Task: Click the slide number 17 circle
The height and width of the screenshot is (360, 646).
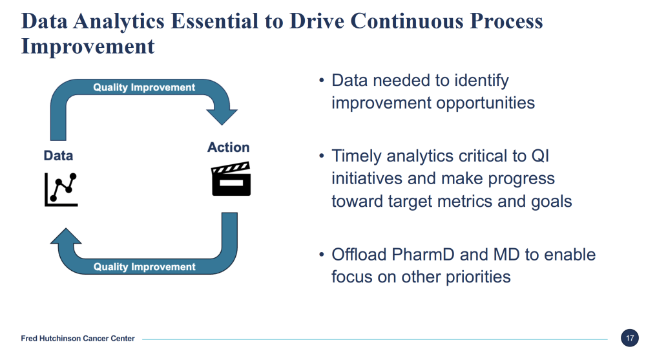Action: [x=629, y=338]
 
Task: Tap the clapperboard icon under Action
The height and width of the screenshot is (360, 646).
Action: [x=231, y=179]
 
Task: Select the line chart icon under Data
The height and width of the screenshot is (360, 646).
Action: [x=61, y=189]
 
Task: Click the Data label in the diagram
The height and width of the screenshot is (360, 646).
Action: [x=58, y=156]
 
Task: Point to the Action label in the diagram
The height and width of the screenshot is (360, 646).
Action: [x=228, y=147]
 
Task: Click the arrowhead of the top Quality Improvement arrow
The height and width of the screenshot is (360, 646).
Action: [x=222, y=116]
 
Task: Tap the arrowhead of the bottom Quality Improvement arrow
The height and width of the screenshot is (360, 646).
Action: [x=66, y=237]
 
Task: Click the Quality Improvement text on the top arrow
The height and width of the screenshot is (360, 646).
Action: [x=144, y=87]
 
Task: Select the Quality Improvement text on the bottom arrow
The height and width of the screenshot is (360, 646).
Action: [x=144, y=267]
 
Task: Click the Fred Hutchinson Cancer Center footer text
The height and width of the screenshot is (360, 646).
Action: [x=78, y=339]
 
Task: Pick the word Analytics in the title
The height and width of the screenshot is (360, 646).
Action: [x=119, y=21]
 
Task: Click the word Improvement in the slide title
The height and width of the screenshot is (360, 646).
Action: [x=88, y=47]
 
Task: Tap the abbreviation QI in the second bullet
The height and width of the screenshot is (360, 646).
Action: [x=540, y=156]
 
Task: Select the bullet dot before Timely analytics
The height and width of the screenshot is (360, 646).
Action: [x=322, y=156]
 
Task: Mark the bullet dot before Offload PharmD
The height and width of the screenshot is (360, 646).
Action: [x=322, y=255]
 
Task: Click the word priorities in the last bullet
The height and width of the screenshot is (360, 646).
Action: [x=478, y=277]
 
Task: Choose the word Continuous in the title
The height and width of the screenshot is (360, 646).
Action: [x=407, y=21]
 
